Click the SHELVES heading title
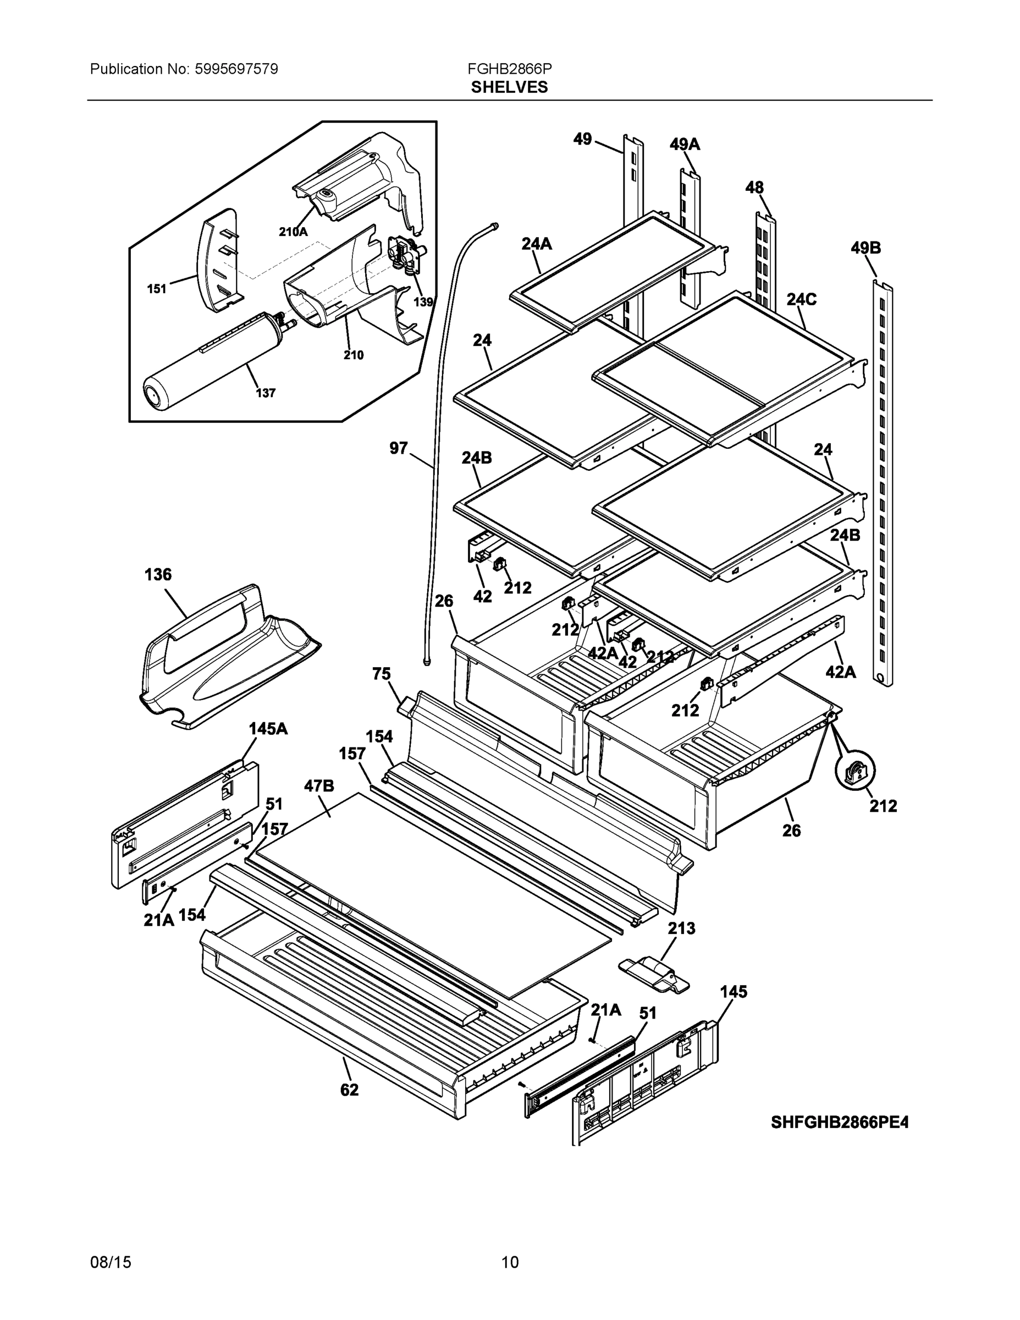[x=509, y=87]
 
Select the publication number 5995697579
[x=236, y=69]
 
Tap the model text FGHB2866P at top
[x=509, y=69]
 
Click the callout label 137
[x=265, y=393]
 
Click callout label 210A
[x=293, y=232]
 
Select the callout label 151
[x=157, y=289]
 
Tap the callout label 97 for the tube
[x=398, y=448]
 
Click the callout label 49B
[x=865, y=248]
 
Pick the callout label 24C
[x=801, y=299]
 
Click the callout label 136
[x=158, y=575]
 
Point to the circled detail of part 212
[x=854, y=773]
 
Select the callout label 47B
[x=318, y=786]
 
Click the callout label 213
[x=681, y=928]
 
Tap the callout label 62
[x=349, y=1090]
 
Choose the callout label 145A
[x=268, y=729]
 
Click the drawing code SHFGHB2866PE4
[x=839, y=1123]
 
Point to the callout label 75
[x=381, y=674]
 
